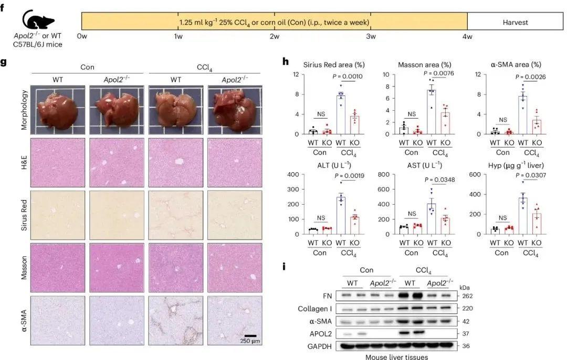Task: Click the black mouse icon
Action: pyautogui.click(x=36, y=22)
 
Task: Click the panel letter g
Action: pyautogui.click(x=4, y=62)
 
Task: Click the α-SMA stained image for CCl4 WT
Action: pyautogui.click(x=175, y=321)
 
